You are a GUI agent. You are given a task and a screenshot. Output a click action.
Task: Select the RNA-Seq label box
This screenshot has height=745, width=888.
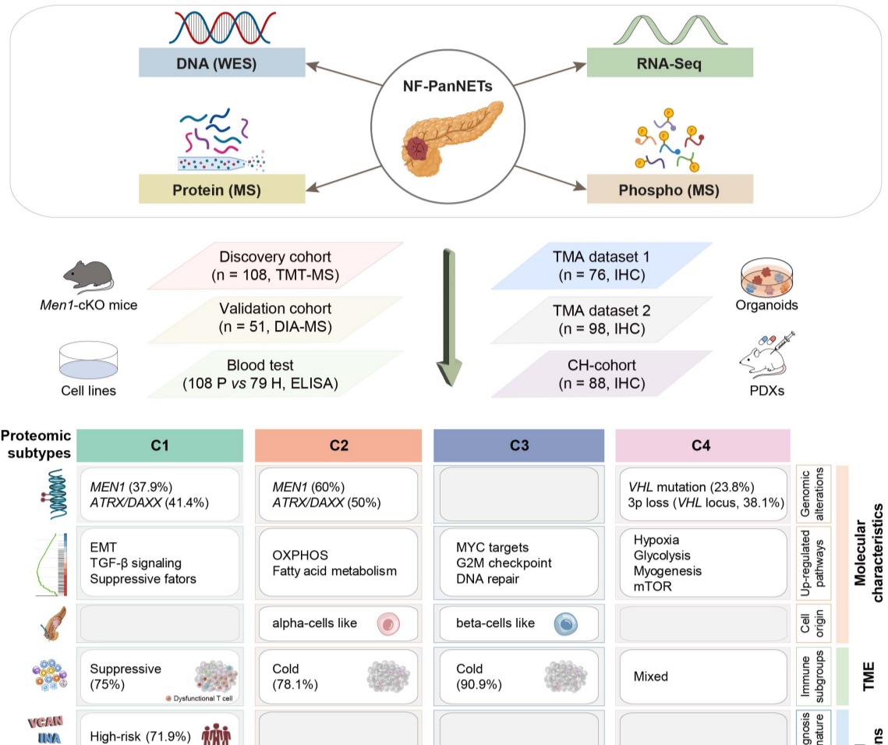670,62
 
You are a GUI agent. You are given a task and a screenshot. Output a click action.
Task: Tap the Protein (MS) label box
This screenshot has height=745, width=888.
221,190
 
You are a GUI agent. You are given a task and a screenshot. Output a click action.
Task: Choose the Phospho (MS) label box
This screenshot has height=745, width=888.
670,190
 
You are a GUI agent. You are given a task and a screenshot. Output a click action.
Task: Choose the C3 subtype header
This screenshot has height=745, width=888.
518,445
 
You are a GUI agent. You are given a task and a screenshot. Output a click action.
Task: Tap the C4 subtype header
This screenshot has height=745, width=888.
699,445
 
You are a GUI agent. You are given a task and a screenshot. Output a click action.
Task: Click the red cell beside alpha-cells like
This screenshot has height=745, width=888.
388,623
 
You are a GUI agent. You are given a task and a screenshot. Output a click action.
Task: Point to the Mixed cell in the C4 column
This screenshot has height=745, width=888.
700,676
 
